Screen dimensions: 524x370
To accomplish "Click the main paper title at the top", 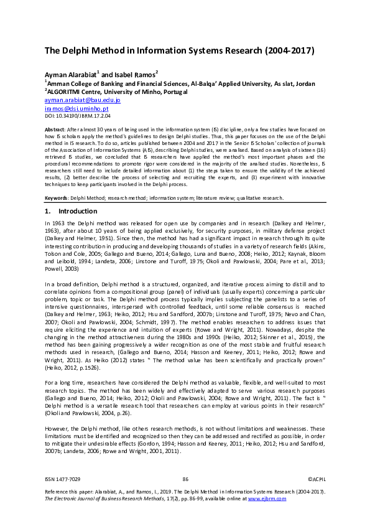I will (179, 50).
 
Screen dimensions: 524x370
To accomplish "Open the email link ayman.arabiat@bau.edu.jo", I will (82, 100).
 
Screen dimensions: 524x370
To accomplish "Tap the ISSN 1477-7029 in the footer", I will (60, 479).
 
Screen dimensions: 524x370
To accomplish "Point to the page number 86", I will (185, 479).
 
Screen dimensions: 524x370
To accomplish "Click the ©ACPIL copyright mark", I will (317, 479).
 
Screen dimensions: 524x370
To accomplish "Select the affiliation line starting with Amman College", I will (180, 83).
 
